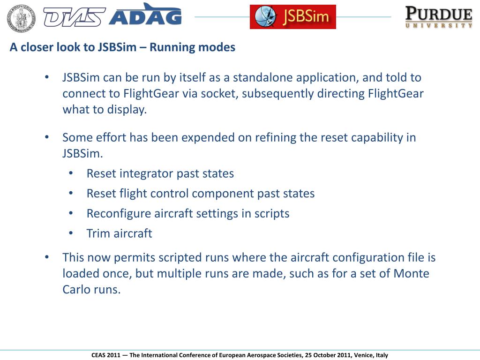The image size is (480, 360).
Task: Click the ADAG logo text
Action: click(x=145, y=17)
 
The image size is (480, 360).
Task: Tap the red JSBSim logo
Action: click(x=292, y=17)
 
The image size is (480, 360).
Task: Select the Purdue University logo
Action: click(x=439, y=17)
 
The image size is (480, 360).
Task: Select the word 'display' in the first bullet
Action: click(x=127, y=110)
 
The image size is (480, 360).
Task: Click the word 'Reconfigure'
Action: click(x=119, y=214)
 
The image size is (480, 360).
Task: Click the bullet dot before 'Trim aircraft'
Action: click(x=71, y=233)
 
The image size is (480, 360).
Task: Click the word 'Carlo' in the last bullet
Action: click(x=76, y=290)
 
